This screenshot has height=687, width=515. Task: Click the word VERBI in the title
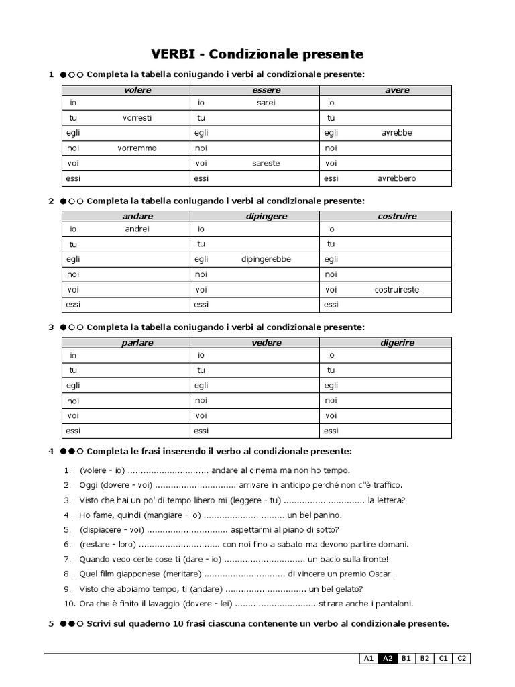176,54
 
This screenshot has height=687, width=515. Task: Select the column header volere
138,90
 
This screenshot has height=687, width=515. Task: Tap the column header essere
266,90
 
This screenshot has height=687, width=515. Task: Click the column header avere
397,90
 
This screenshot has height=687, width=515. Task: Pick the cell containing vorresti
137,118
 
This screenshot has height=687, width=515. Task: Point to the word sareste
266,163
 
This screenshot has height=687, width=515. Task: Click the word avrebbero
397,178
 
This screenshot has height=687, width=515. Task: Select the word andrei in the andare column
137,229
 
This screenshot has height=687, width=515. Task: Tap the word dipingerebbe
266,259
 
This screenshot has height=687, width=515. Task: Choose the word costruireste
397,290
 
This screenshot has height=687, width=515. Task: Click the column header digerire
397,343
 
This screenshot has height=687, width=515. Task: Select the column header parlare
138,343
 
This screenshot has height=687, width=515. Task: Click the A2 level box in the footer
387,659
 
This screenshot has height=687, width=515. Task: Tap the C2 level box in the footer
461,659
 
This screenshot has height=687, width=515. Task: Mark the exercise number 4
51,452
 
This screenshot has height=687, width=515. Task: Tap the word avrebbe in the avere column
397,133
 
